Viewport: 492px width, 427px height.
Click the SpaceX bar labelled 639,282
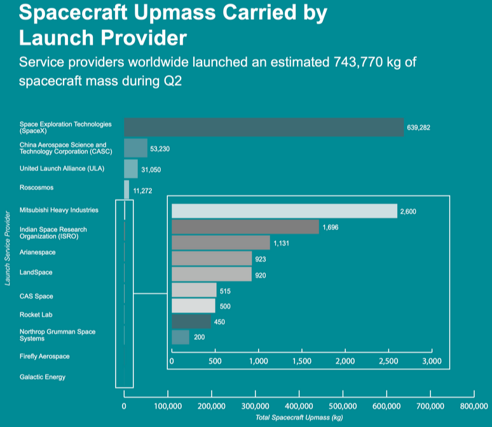pos(264,127)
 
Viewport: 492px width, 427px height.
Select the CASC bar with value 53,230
pos(135,148)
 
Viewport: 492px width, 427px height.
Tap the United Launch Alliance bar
pos(130,168)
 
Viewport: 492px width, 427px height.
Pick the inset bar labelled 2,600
pos(284,211)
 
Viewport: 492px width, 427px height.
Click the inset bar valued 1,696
pos(245,227)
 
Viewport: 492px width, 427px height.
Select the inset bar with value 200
pos(181,337)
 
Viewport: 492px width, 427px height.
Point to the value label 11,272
pos(142,190)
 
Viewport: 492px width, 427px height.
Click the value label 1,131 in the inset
pos(281,243)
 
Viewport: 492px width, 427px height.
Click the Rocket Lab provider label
pos(35,315)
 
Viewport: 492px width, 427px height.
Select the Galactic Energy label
pos(43,377)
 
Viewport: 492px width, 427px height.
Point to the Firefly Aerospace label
pos(44,356)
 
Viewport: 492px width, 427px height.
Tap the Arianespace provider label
pos(38,252)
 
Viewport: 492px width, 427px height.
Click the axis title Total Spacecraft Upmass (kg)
pos(299,417)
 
